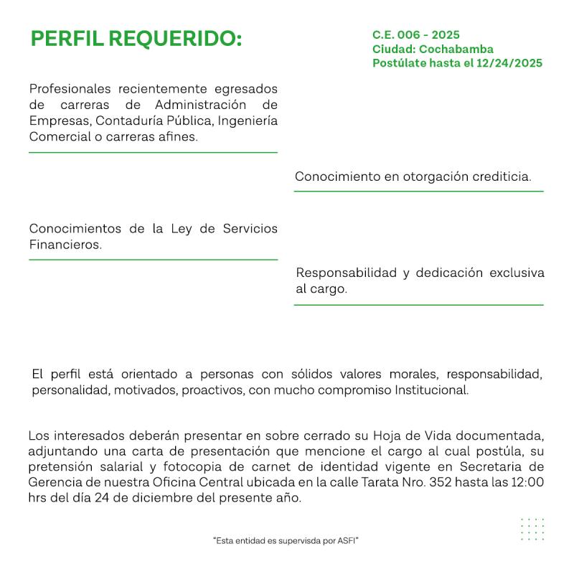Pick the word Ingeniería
coord(248,120)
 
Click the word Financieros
coord(65,245)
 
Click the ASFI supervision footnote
coord(286,540)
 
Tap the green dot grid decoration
coord(532,530)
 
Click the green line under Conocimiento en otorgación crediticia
coord(418,192)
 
